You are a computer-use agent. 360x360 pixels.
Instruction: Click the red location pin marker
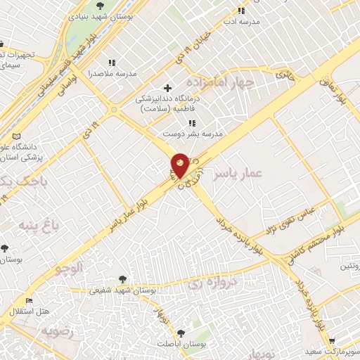tap(180, 165)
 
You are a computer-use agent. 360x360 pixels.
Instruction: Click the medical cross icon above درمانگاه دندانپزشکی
tap(167, 89)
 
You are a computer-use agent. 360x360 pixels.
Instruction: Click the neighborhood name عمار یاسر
tap(238, 172)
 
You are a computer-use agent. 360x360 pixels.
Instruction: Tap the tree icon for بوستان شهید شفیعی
tap(123, 279)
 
